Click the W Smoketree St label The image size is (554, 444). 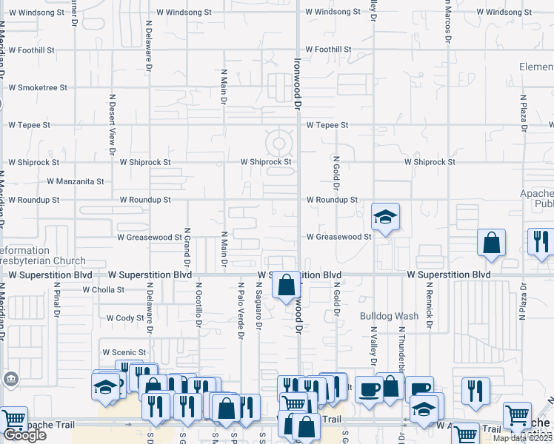37,87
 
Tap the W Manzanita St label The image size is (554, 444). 76,181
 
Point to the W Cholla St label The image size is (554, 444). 99,290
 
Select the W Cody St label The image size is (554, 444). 125,317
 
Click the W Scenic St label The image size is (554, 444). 124,352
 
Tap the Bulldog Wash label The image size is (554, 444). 389,316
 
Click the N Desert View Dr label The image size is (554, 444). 113,123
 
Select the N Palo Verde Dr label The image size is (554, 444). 241,311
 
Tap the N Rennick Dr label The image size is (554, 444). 428,303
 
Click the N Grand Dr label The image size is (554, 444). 187,248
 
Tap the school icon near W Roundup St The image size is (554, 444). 385,217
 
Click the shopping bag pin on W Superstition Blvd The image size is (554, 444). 286,285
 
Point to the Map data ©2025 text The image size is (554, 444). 523,438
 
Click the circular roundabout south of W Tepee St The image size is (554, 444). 279,144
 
